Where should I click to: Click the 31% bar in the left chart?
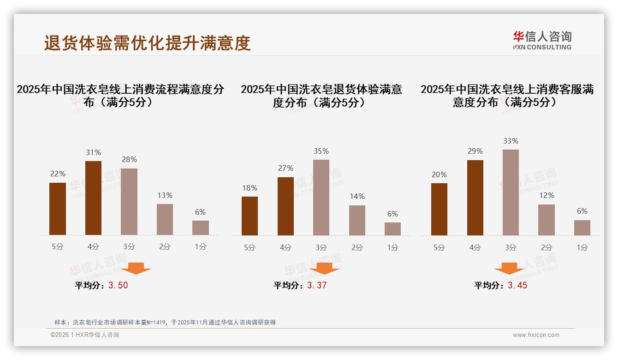click(93, 198)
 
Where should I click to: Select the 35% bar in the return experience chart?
click(321, 198)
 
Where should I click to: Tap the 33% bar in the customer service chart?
click(511, 192)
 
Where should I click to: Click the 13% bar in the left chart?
click(165, 220)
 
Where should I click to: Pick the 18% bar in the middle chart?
click(250, 216)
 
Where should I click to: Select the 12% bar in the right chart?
click(547, 220)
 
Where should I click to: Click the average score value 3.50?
click(118, 285)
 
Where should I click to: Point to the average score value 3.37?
click(317, 285)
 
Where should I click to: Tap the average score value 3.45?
click(517, 285)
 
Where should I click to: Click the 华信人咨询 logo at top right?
click(542, 40)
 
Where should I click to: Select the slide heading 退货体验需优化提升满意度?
click(147, 43)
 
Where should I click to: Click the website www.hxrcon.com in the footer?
click(536, 335)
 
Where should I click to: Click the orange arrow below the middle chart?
click(324, 268)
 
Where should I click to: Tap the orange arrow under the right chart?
click(509, 268)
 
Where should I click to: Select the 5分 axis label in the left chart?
click(58, 247)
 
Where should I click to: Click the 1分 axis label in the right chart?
click(582, 247)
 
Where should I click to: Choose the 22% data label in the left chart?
click(58, 174)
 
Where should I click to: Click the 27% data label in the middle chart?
click(285, 168)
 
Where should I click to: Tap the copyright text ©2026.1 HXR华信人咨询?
click(85, 335)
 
